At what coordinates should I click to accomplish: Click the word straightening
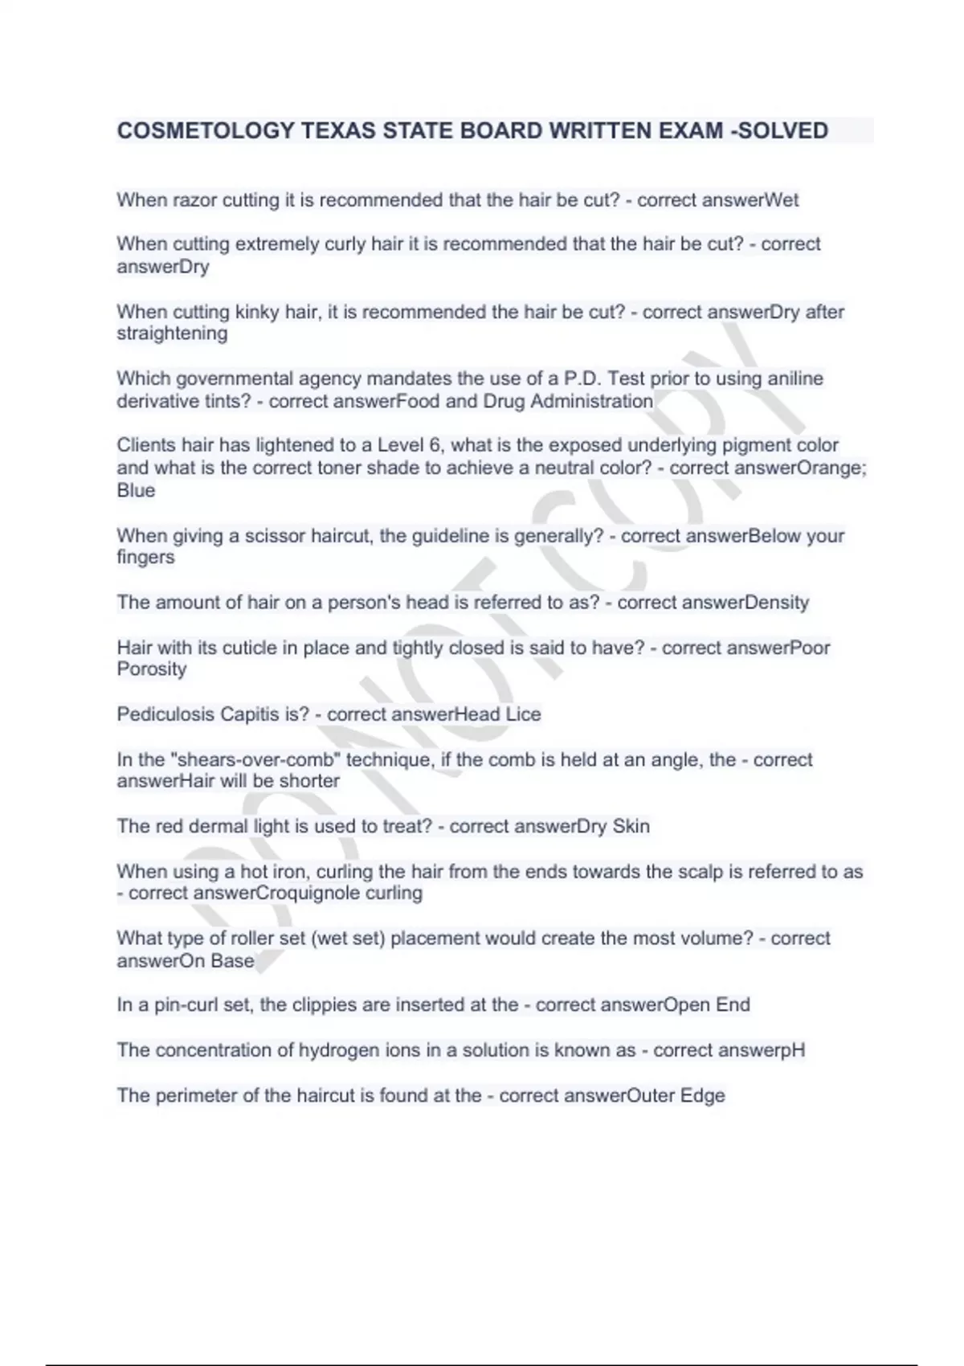pyautogui.click(x=172, y=333)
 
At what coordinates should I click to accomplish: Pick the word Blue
pyautogui.click(x=136, y=490)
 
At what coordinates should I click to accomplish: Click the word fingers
pyautogui.click(x=145, y=558)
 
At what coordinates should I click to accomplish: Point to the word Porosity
pyautogui.click(x=152, y=669)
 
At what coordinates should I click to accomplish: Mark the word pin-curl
pyautogui.click(x=186, y=1005)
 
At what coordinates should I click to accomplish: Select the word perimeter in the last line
pyautogui.click(x=198, y=1096)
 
